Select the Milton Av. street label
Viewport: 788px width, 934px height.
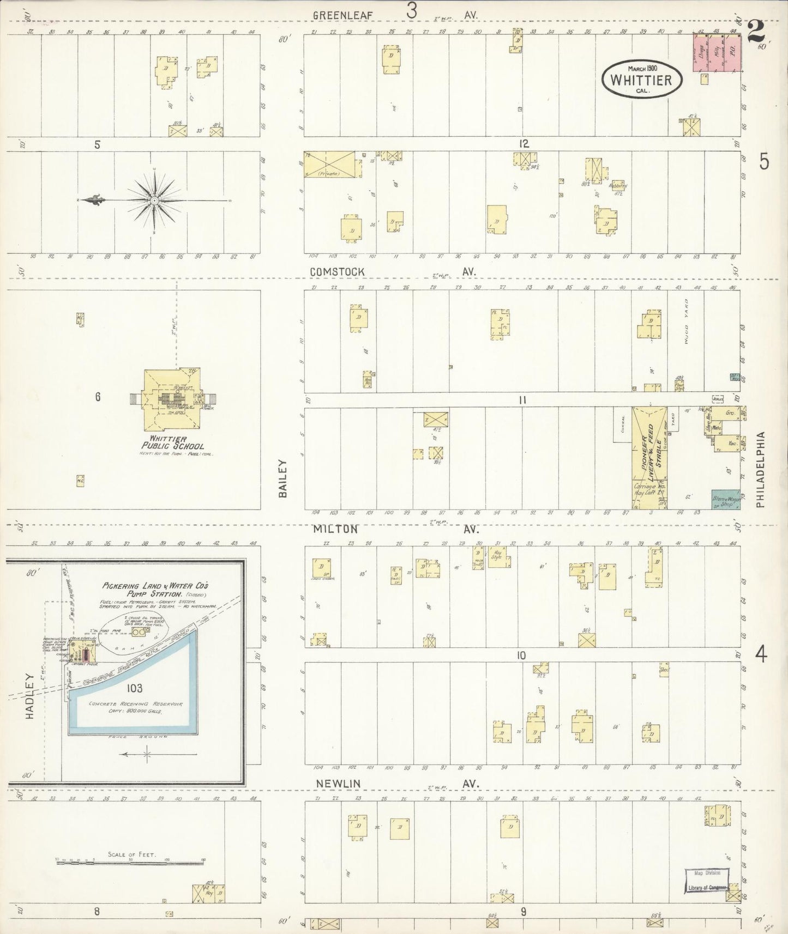(335, 529)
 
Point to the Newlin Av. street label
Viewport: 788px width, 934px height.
(338, 783)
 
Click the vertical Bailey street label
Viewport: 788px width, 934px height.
(282, 478)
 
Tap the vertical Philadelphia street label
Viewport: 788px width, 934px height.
(761, 470)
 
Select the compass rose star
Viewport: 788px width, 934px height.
(155, 201)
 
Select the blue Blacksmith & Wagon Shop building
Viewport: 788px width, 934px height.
(725, 499)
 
